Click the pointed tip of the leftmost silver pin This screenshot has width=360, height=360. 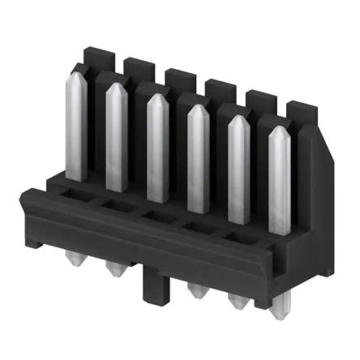click(x=77, y=75)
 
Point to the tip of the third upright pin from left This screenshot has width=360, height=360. click(x=156, y=96)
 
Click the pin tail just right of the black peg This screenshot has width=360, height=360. click(x=195, y=289)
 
